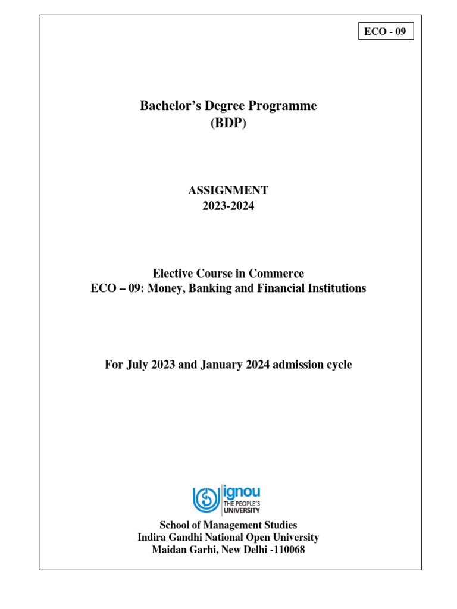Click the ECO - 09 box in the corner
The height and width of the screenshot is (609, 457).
click(x=386, y=32)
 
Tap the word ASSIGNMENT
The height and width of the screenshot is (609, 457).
click(x=228, y=191)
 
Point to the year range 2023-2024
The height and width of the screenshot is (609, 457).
click(x=228, y=206)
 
